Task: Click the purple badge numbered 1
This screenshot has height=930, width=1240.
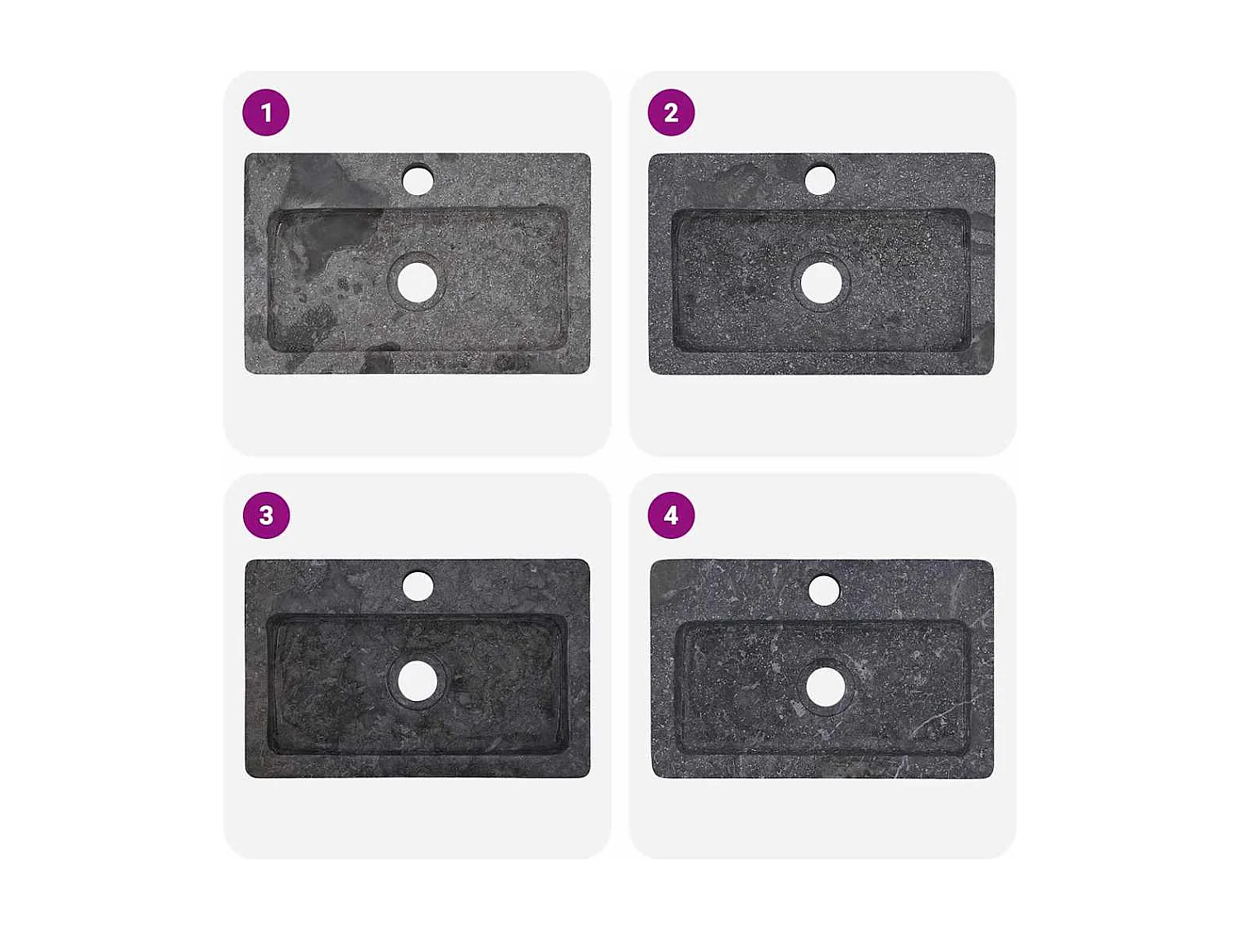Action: (266, 112)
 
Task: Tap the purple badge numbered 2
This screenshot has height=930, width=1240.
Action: (671, 112)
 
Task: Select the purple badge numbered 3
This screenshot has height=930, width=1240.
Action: (266, 515)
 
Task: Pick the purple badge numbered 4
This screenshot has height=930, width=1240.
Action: (671, 515)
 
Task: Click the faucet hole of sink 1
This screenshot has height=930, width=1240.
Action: (417, 180)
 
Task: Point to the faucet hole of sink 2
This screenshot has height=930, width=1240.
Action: (820, 180)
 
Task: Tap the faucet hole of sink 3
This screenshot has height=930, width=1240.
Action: (417, 587)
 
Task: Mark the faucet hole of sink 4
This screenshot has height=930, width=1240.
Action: (824, 590)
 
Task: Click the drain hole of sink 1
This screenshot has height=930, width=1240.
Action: (417, 283)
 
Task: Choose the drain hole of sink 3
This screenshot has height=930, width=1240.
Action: (417, 681)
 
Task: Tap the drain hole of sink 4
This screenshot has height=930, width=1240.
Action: (825, 687)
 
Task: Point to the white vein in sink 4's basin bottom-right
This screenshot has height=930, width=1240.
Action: (930, 725)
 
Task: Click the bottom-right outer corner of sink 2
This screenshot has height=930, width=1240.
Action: (991, 372)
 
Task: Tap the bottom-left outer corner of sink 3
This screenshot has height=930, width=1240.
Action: (248, 775)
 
